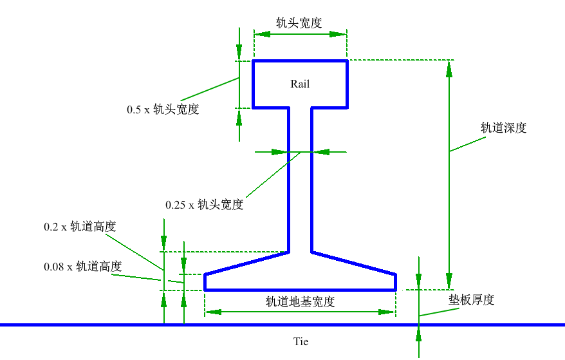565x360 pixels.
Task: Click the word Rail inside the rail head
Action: pos(300,84)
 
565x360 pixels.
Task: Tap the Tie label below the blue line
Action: pos(301,341)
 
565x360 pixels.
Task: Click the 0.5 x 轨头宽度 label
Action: pos(163,109)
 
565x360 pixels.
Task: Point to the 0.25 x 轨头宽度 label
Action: pos(204,205)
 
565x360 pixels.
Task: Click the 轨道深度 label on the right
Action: pos(504,128)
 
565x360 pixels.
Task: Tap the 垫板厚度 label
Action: pos(471,300)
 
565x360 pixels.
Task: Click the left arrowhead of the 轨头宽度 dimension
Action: pos(260,35)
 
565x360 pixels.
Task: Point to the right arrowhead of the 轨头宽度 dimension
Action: pos(340,35)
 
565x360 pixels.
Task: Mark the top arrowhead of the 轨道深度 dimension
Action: pos(449,67)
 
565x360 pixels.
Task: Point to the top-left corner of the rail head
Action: pos(253,61)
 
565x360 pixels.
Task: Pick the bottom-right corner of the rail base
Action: pos(395,290)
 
